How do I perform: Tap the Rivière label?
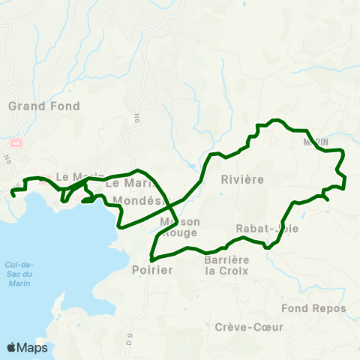(242, 180)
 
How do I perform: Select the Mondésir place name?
(142, 201)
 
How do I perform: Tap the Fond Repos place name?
(313, 308)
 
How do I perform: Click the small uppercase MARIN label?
(316, 142)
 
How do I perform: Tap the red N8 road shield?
(16, 142)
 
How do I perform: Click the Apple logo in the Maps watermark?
(11, 347)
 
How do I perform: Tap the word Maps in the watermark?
(32, 348)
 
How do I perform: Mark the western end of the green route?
(12, 195)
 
